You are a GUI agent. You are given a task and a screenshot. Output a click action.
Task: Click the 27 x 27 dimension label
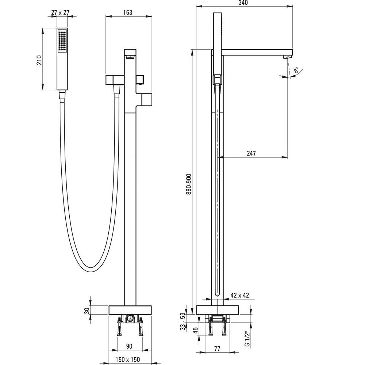coord(60,12)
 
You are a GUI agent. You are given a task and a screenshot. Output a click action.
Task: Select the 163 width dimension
coord(127,12)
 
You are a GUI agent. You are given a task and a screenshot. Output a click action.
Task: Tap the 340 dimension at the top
coord(243,3)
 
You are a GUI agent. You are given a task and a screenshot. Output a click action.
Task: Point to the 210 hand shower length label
coord(39,60)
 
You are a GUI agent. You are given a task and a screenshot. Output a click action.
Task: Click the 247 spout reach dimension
coord(251,153)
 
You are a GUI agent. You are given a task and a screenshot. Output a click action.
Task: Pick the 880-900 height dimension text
coord(189,184)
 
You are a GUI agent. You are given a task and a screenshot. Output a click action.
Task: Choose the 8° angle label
coord(296,70)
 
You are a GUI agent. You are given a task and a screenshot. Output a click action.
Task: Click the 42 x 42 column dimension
coord(240,295)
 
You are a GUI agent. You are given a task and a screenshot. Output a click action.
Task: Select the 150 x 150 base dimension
coord(128,360)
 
